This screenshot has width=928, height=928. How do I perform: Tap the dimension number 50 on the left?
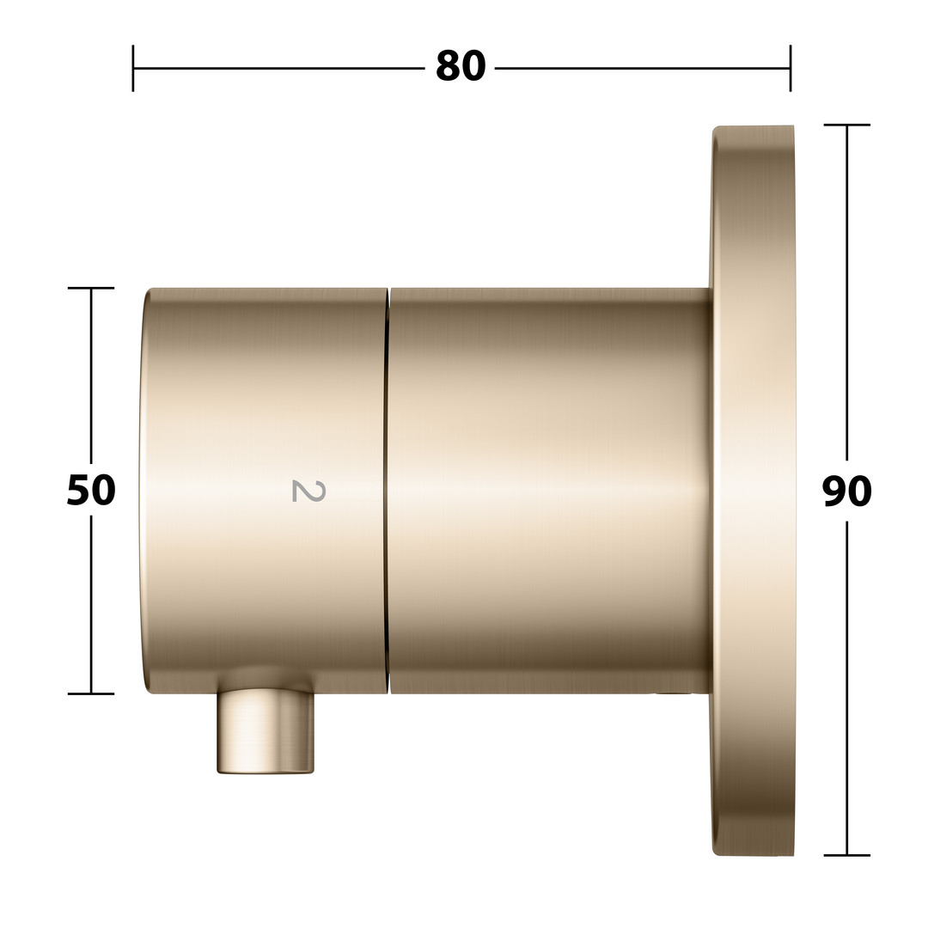coord(90,490)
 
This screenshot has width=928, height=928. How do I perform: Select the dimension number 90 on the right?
coord(847,491)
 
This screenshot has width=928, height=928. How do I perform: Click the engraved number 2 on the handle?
coord(309,491)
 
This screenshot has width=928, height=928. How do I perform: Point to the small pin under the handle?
coord(266,731)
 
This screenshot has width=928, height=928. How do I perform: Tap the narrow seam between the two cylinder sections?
coord(388,491)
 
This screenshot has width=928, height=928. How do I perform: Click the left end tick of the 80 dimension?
coord(133,68)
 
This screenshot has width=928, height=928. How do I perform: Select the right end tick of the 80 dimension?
coord(791,68)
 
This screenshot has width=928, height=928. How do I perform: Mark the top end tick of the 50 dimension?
coord(90,288)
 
